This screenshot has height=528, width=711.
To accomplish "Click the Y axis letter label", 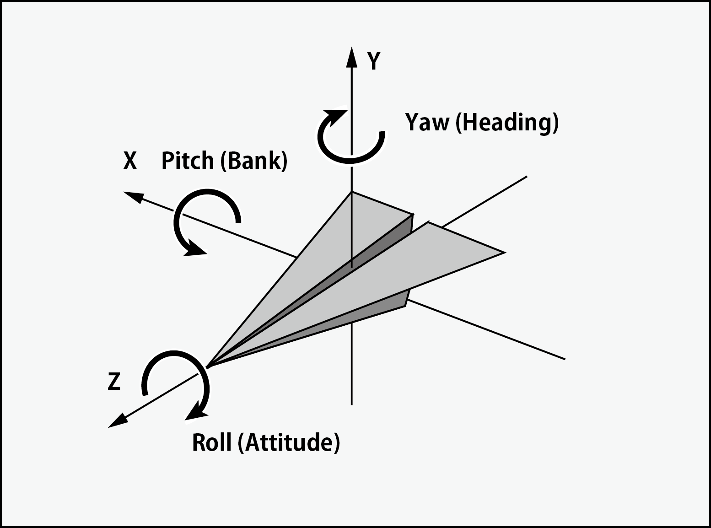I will pos(374,61).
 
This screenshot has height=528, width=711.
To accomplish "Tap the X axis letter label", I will pos(130,161).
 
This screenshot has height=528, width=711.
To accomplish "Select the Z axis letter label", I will pos(114,382).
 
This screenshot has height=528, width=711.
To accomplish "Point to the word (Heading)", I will pos(507,123).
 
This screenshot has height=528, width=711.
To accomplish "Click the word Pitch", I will pos(188,161).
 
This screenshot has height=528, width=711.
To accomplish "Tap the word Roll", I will pos(211,442).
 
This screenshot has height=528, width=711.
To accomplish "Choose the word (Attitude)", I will pos(289,443).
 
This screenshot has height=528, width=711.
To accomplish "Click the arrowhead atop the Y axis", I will pos(351,57).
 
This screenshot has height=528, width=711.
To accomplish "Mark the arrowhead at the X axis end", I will pos(133,197).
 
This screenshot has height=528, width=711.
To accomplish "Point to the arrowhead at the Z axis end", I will pos(117,421).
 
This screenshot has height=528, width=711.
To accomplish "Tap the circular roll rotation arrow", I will pos(176,380).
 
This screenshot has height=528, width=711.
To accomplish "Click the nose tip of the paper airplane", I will pos(208,366).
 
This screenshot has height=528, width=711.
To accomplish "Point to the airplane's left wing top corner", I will pos(352,192).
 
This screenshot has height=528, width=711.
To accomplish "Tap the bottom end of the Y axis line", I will pos(351,404).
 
